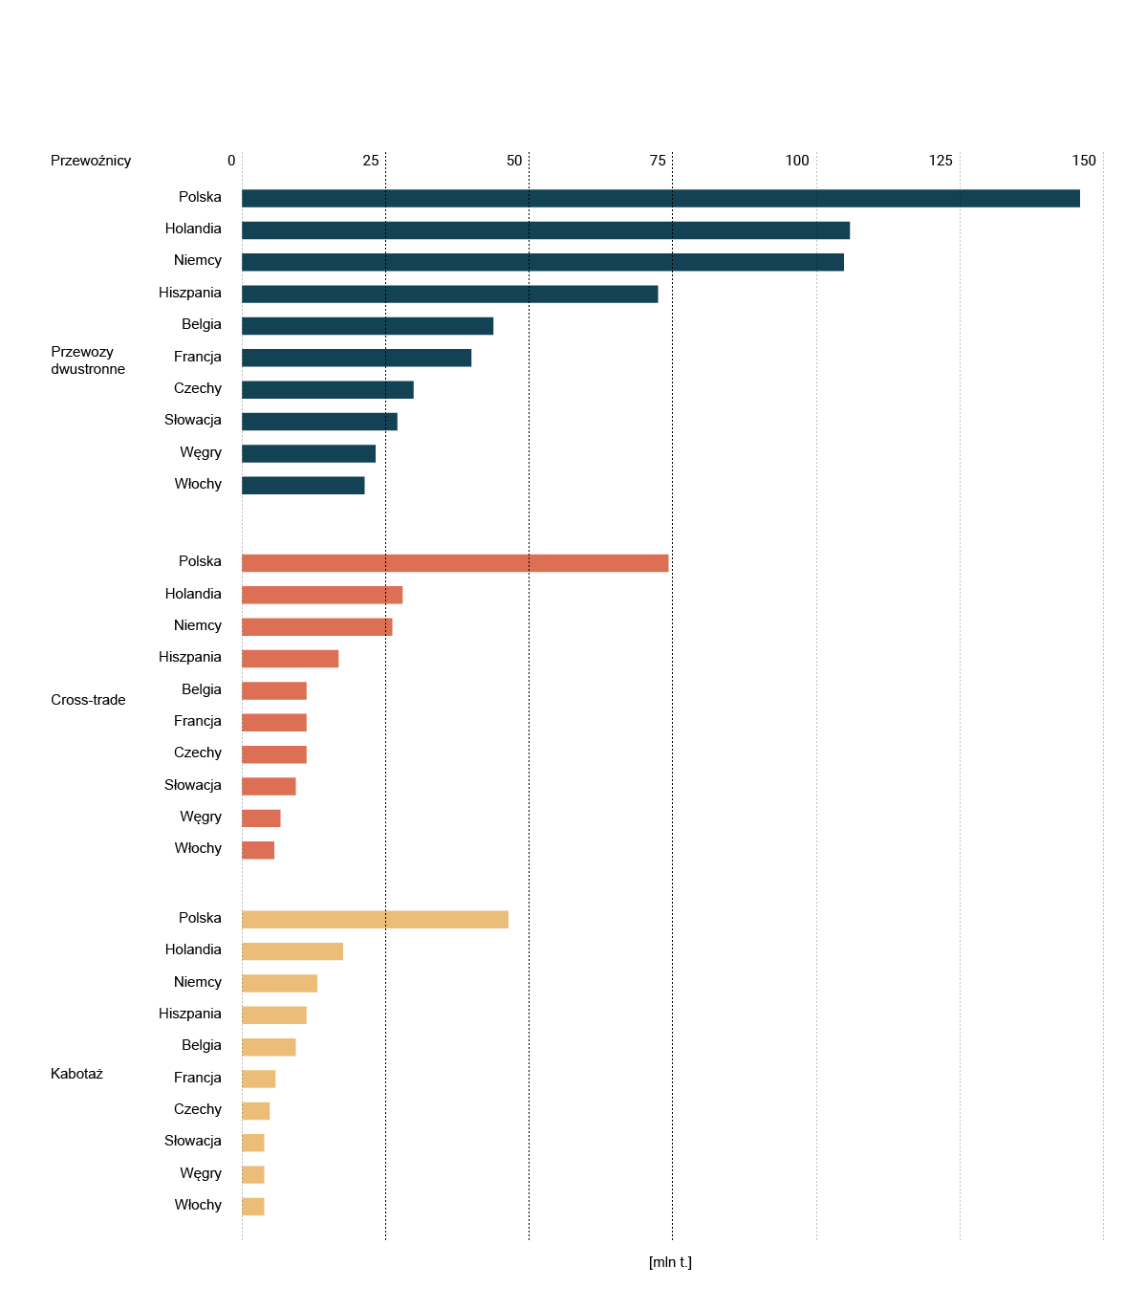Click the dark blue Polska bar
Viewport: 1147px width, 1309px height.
pos(660,198)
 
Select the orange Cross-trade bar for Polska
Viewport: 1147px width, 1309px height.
pos(455,563)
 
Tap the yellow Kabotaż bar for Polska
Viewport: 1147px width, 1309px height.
pos(375,920)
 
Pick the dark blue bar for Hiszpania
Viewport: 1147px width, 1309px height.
pos(449,295)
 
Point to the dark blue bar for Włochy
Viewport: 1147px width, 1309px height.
pos(303,486)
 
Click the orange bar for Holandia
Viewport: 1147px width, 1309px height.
pos(322,595)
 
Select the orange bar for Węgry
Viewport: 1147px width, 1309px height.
pos(261,818)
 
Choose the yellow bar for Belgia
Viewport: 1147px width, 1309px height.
pos(269,1047)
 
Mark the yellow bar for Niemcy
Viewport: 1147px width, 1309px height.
pos(279,983)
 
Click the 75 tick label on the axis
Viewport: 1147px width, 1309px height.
pos(658,161)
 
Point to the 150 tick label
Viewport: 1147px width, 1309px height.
pos(1084,161)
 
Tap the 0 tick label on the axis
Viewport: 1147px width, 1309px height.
pos(231,161)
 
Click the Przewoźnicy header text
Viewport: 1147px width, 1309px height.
pos(91,161)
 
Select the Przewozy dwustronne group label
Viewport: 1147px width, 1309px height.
pos(87,360)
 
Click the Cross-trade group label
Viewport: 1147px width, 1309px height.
pos(88,700)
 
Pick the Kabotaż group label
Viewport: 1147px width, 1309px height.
pos(76,1074)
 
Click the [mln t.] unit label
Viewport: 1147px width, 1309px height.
pos(670,1262)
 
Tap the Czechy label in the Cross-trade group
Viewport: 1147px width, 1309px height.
pos(197,753)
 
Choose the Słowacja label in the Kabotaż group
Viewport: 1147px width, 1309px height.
pos(192,1141)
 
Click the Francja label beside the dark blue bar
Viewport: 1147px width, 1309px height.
pos(197,357)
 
